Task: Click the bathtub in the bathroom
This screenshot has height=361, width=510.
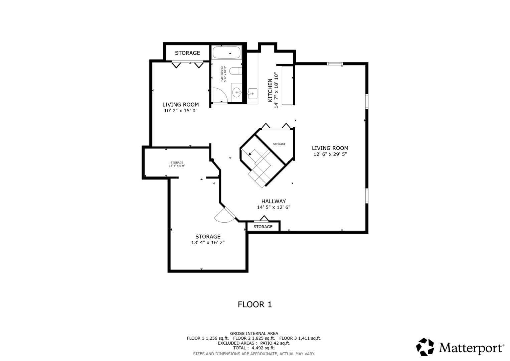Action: tap(226, 53)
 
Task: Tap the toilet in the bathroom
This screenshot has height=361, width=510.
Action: tap(237, 71)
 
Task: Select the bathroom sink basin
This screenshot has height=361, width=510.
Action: tap(237, 91)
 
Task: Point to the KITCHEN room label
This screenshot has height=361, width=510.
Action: tap(270, 90)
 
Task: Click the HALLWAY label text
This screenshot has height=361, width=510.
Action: tap(274, 201)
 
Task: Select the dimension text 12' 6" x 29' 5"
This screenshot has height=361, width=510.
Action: tap(330, 154)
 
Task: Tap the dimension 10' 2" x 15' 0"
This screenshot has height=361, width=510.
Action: tap(181, 111)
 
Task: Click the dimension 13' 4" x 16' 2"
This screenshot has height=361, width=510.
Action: tap(208, 243)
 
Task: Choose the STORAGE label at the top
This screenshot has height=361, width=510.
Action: tap(187, 53)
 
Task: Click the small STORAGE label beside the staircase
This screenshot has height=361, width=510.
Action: tap(279, 144)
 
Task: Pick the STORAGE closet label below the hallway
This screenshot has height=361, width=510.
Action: tap(263, 227)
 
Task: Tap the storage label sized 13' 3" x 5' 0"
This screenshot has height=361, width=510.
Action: tap(177, 164)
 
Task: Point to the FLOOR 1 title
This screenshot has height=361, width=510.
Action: tap(255, 305)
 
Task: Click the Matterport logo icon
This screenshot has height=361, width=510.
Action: tap(425, 347)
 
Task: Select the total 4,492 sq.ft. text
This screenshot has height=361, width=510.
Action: tap(254, 348)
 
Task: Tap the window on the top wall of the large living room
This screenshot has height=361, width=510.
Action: tap(334, 64)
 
